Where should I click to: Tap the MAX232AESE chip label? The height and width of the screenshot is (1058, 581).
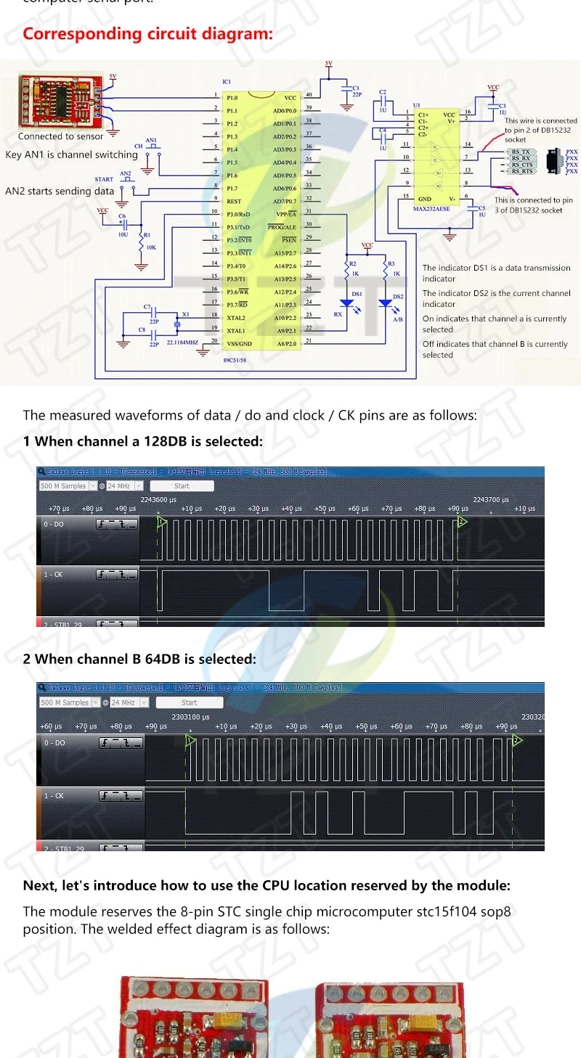point(433,208)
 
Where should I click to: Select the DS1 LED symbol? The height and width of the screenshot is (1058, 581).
point(357,303)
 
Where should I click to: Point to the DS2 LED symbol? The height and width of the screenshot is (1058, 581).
point(386,303)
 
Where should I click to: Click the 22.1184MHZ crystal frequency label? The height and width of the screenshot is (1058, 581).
point(182,342)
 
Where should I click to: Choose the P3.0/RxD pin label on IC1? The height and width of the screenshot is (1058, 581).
point(239,214)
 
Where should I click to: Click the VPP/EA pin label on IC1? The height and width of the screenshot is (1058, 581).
point(286,214)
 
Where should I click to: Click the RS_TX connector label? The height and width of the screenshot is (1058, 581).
point(521,152)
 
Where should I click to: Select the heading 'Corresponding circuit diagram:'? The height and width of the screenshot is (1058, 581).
point(148,33)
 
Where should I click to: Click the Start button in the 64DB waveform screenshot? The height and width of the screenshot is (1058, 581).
point(189,702)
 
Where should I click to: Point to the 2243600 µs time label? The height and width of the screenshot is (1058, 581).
point(158,499)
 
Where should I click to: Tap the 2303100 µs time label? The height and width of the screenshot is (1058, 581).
point(190,716)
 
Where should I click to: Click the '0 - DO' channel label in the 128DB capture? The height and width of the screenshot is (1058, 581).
point(55,524)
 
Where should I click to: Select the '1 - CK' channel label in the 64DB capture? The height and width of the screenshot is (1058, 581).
point(54,796)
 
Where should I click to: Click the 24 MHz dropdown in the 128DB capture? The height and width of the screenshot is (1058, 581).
point(125,485)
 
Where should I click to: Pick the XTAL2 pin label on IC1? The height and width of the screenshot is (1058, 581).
point(235,318)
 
